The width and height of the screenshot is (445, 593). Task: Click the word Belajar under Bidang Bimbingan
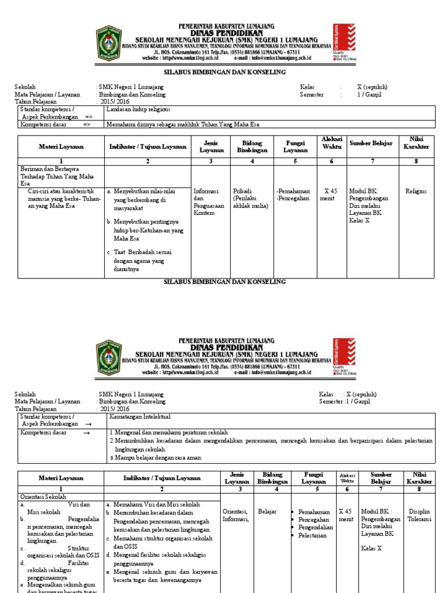[267, 511]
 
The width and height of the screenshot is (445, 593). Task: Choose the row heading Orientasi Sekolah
[43, 497]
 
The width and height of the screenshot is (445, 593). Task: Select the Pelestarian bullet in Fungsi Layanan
[313, 536]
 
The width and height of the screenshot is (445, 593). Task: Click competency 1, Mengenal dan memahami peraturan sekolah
[168, 433]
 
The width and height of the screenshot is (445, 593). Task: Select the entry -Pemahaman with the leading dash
[293, 191]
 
